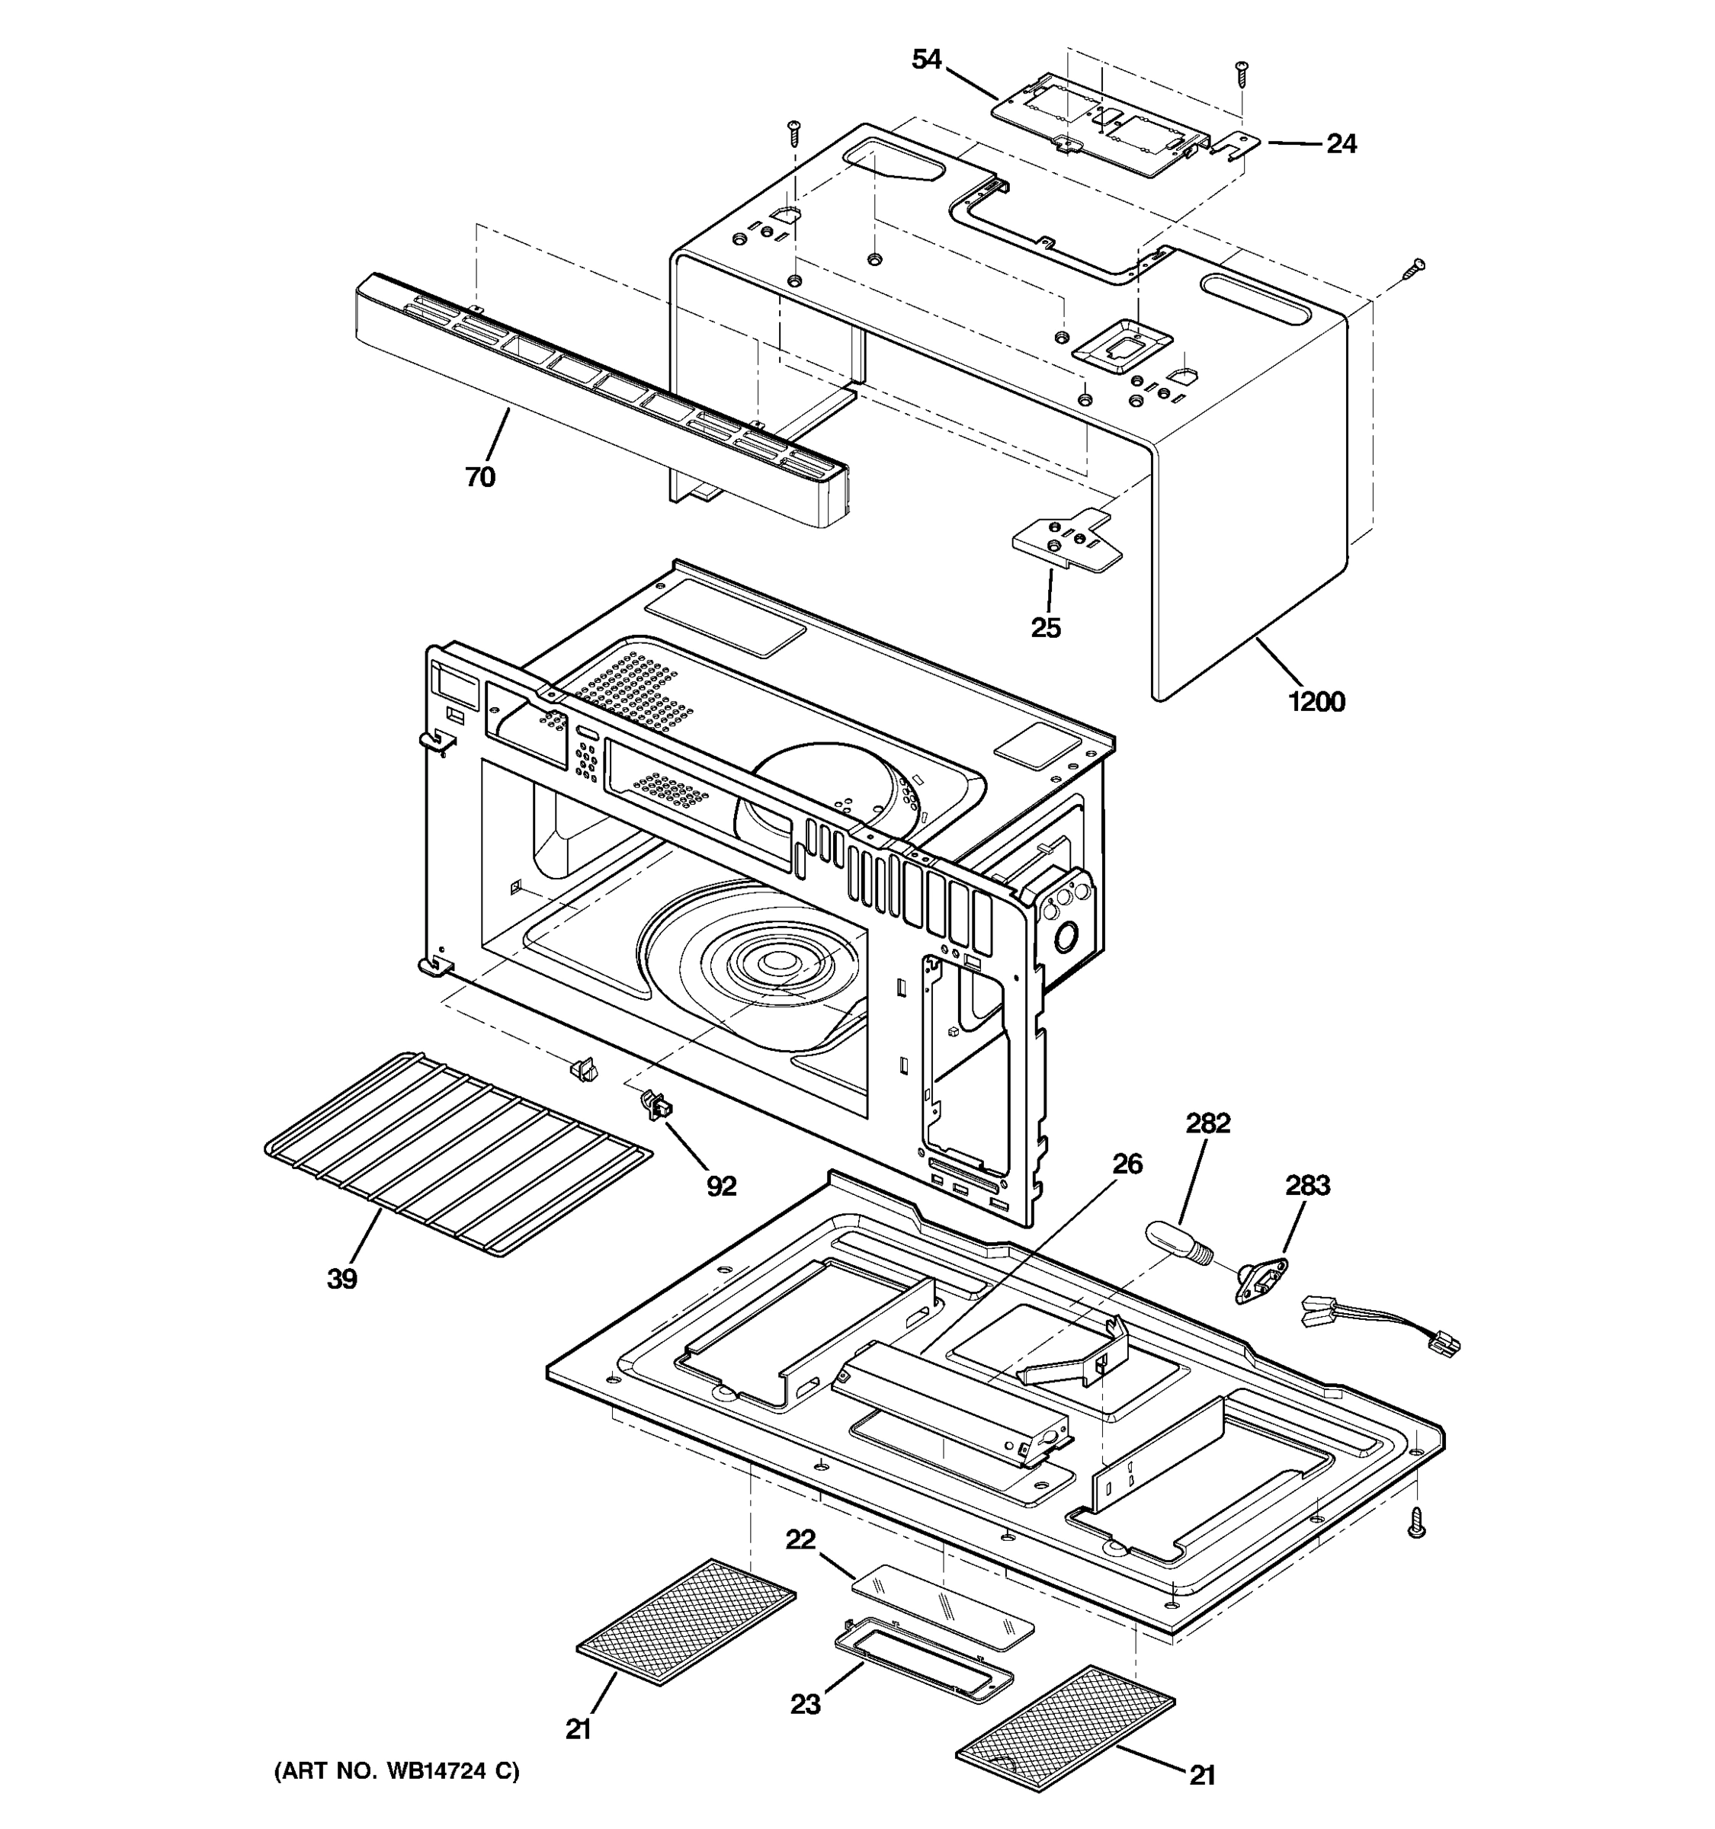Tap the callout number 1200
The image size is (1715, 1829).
pos(1316,702)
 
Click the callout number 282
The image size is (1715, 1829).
pos(1207,1123)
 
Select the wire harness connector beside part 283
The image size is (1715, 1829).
pos(1377,1326)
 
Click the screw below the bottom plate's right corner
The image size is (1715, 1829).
pos(1418,1523)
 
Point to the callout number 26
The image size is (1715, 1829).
pos(1127,1164)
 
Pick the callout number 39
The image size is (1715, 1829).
pos(342,1279)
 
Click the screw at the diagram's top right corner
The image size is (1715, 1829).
pos(1243,72)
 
